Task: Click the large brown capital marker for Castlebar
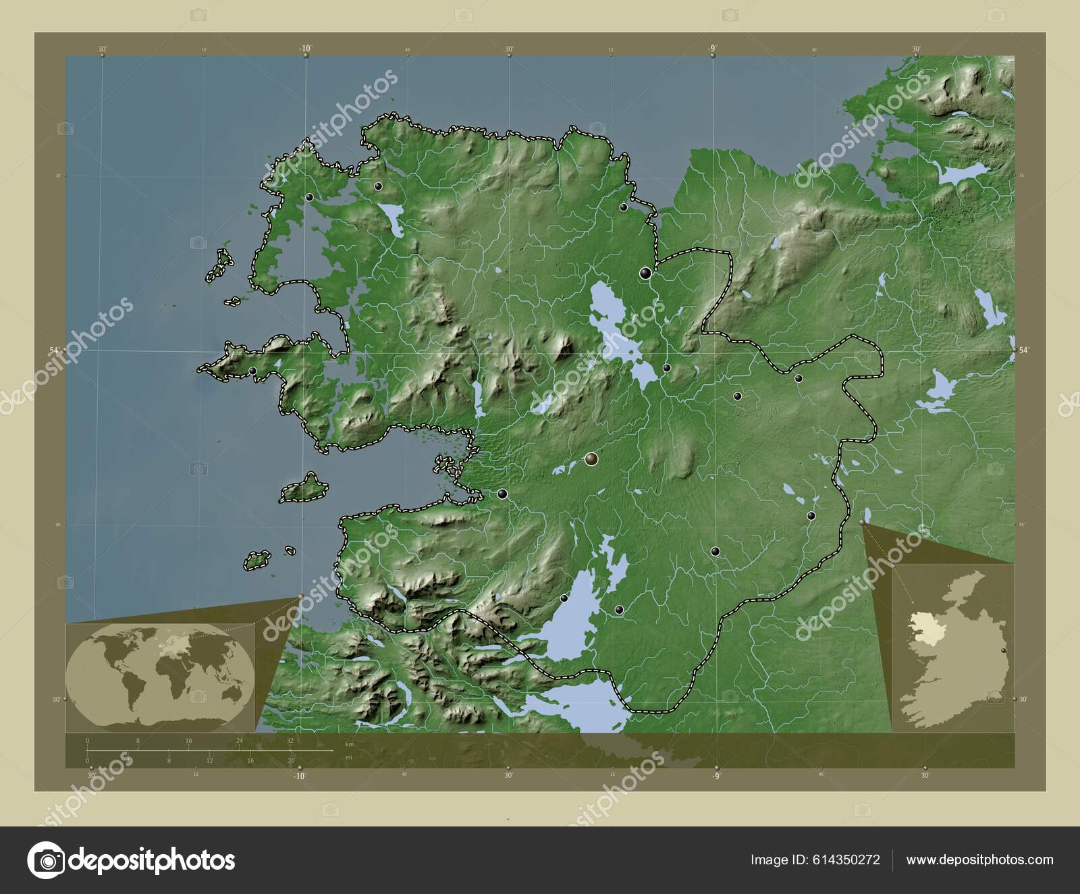592,460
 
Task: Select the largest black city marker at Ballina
646,273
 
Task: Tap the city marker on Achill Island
252,371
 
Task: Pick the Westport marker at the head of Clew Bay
502,494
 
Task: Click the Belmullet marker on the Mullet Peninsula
309,198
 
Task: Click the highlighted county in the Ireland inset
925,628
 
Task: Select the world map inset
161,675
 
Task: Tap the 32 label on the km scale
290,741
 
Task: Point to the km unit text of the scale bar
349,744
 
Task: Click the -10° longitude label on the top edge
306,48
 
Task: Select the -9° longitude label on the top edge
712,48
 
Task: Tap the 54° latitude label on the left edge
55,350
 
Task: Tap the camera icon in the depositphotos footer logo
45,860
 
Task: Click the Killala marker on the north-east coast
624,207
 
